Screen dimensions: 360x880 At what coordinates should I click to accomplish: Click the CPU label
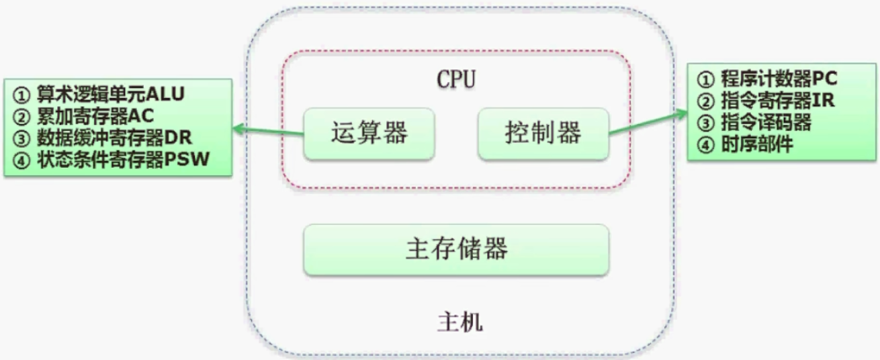[x=456, y=79]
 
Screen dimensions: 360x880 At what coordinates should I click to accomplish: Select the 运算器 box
[x=369, y=134]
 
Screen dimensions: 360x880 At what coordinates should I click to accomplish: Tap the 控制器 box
[x=543, y=134]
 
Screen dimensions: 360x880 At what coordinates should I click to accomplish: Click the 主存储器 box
[x=456, y=249]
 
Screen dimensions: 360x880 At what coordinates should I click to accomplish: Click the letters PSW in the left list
[x=192, y=161]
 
